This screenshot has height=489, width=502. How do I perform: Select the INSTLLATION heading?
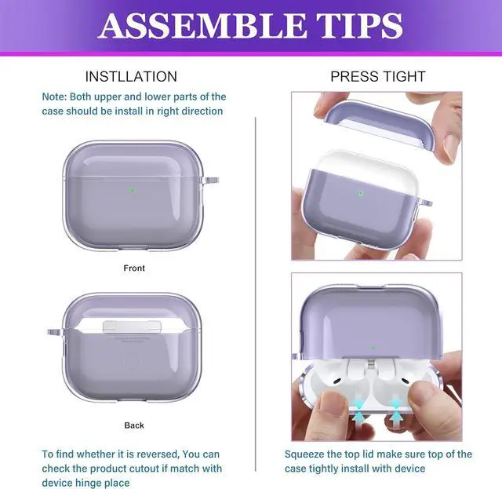(x=131, y=76)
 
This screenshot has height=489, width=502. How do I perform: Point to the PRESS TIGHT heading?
(x=377, y=76)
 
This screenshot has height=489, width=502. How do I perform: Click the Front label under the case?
(x=134, y=268)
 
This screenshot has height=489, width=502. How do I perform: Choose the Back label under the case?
(x=134, y=425)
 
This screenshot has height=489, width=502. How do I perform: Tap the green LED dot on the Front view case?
(x=132, y=190)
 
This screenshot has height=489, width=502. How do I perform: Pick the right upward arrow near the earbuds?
(x=396, y=413)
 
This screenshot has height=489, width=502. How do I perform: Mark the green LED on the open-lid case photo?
(x=373, y=346)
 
